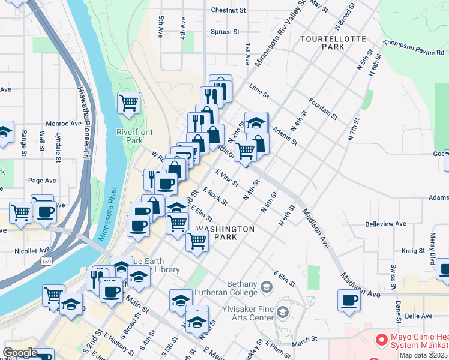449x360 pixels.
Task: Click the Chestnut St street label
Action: click(229, 10)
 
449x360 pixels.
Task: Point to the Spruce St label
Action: click(225, 32)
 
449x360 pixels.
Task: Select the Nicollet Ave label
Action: click(35, 250)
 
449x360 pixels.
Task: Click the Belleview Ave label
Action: click(385, 224)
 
